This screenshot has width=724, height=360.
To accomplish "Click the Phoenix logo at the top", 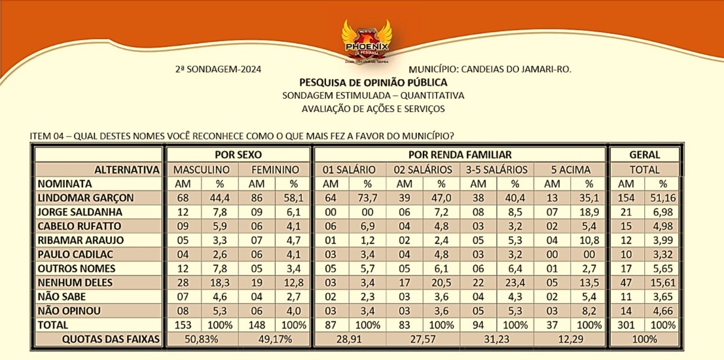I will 366,41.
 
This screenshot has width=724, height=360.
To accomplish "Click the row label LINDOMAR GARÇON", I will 86,198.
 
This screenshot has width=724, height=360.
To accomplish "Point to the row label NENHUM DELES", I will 75,283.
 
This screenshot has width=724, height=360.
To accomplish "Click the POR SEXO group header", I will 238,155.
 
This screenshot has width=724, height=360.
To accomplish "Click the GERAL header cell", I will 644,155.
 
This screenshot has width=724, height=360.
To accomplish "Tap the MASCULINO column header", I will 201,170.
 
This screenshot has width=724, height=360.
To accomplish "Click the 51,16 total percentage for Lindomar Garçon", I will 662,198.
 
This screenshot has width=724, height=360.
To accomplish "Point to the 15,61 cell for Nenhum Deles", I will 662,283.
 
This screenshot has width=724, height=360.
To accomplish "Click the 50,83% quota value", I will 201,340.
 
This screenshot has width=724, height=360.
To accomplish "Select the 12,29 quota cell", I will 570,340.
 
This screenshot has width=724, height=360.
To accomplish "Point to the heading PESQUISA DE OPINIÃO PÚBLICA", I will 373,82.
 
